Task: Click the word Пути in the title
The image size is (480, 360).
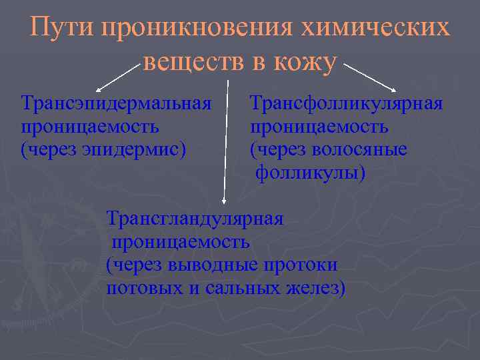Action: click(62, 29)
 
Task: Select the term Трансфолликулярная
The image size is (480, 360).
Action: click(347, 104)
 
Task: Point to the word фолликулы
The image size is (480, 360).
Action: click(307, 173)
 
